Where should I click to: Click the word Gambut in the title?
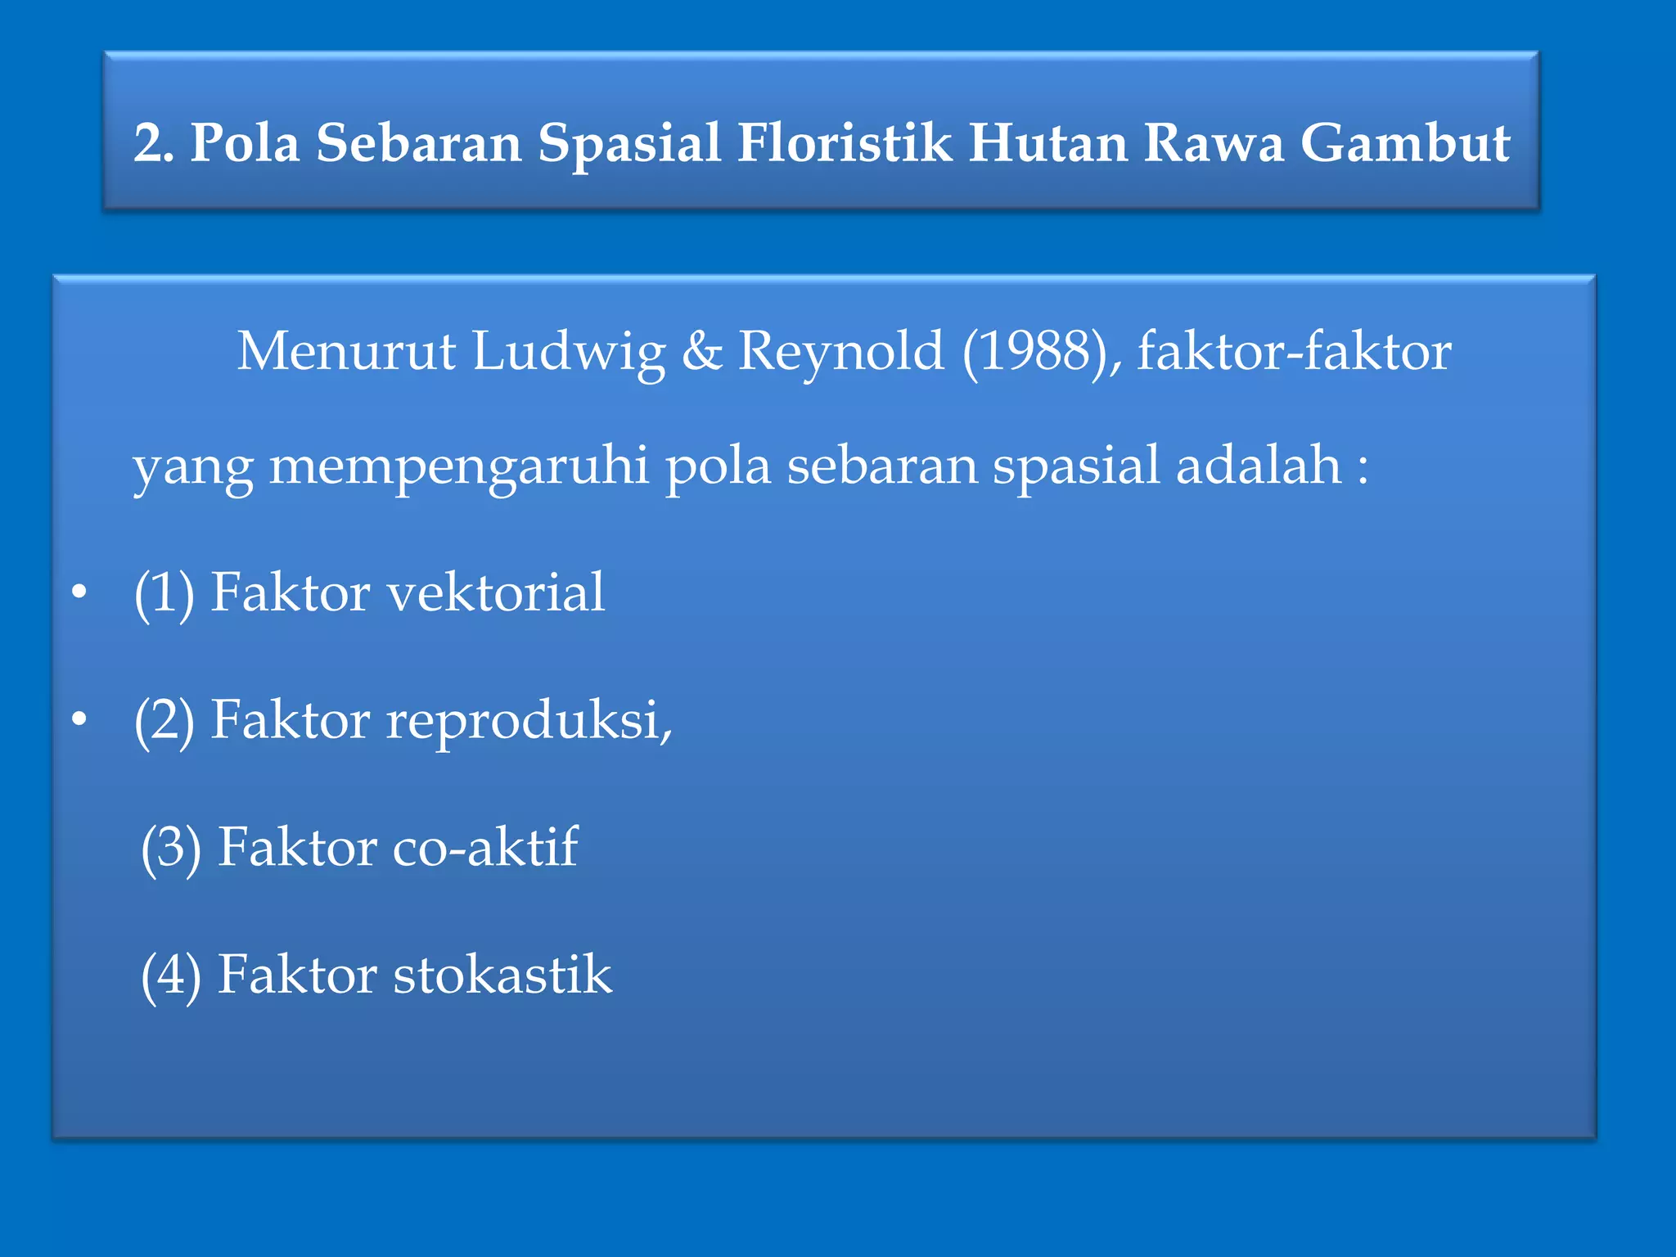point(1404,143)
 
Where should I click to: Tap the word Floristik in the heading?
point(844,143)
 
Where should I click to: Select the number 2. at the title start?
point(154,143)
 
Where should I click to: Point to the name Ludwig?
point(569,352)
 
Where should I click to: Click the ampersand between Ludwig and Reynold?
point(702,352)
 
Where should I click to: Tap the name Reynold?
point(841,352)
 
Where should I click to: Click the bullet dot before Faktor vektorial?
point(79,592)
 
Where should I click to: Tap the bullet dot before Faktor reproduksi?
point(79,720)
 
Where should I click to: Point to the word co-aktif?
point(485,847)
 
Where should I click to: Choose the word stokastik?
point(502,975)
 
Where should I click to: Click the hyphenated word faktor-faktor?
point(1294,352)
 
